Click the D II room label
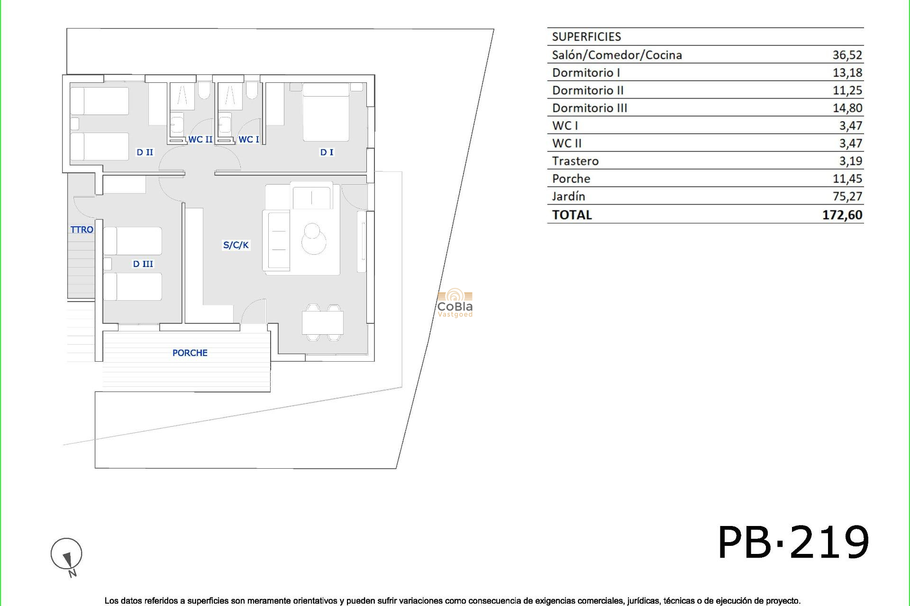click(145, 152)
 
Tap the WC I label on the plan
click(248, 139)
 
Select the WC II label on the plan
click(200, 139)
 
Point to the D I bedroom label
click(327, 152)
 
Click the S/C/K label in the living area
click(236, 245)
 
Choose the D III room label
click(143, 264)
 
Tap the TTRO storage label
click(82, 230)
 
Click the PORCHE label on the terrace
click(190, 353)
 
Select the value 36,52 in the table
click(847, 55)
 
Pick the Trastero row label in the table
click(575, 161)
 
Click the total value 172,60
click(842, 215)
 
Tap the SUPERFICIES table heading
click(586, 37)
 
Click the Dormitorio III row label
click(589, 108)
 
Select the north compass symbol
click(67, 555)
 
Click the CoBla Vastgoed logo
click(455, 303)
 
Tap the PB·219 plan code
click(793, 543)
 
